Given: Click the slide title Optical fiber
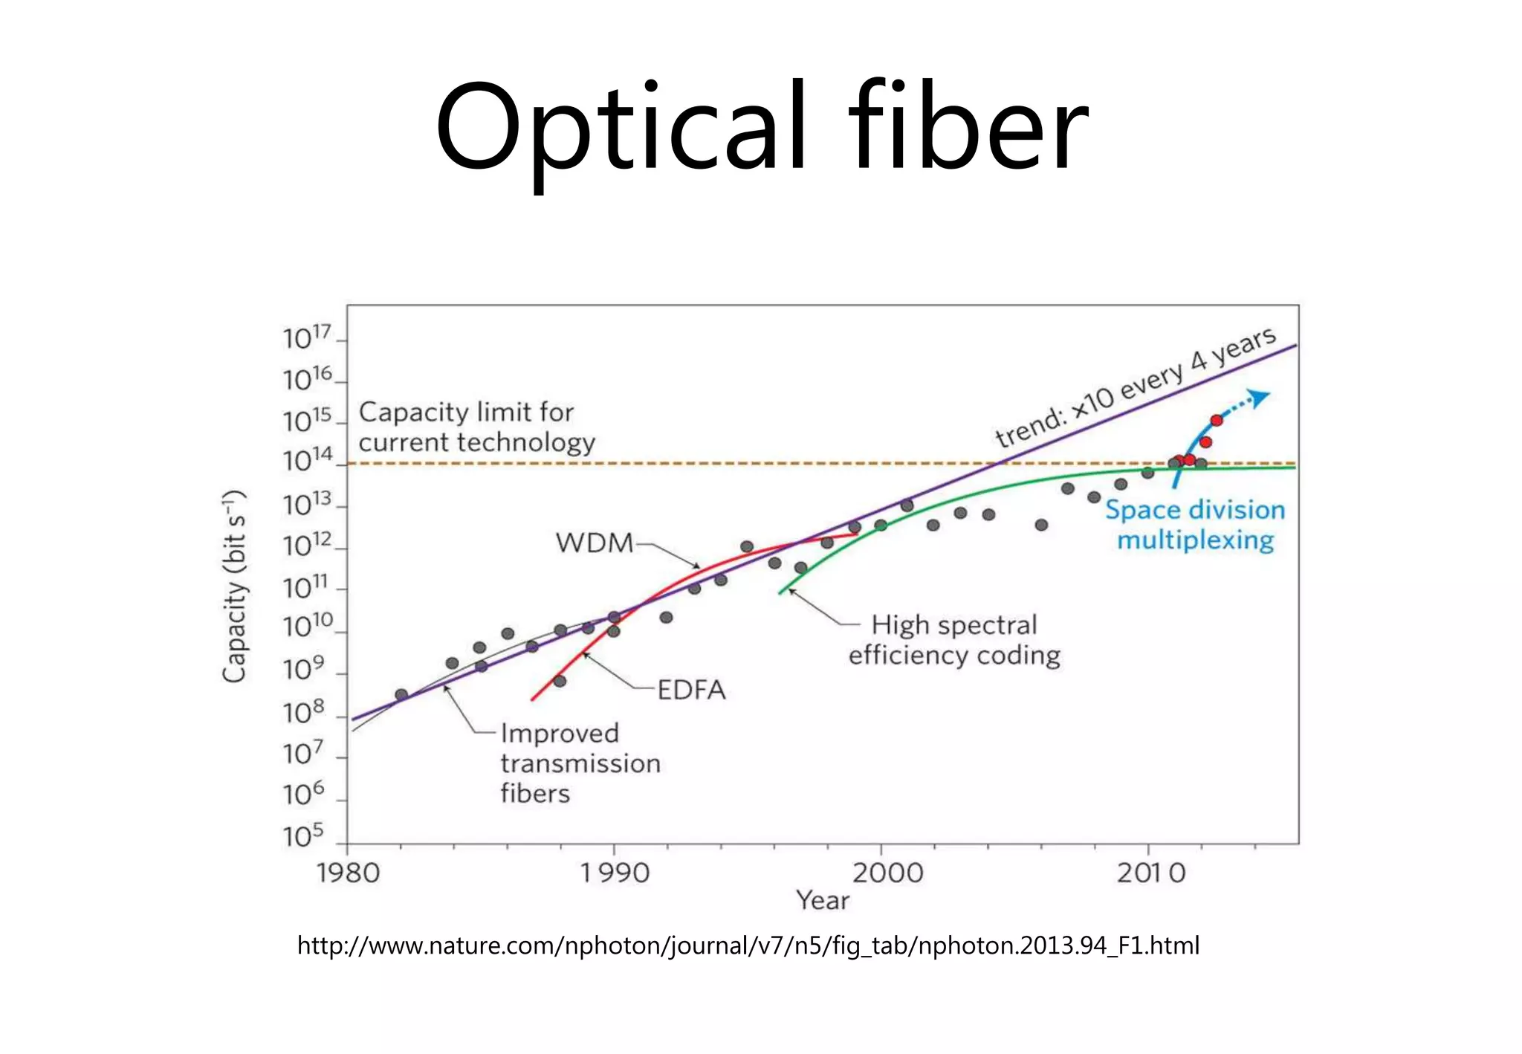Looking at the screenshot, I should (761, 128).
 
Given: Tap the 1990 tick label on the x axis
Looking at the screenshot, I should (614, 873).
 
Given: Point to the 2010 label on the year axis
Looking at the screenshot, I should (1150, 873).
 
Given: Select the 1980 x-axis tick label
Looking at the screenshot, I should (348, 873).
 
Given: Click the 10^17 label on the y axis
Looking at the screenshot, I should (305, 338).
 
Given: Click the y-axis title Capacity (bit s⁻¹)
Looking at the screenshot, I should (235, 586).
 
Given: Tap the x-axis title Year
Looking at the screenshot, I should (823, 900).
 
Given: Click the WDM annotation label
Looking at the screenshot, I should (594, 543).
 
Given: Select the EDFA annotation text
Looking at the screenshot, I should (691, 690).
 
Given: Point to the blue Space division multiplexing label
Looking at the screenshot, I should (1195, 525).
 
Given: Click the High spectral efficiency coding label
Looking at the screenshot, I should (954, 640).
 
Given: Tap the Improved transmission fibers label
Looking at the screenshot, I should (580, 763).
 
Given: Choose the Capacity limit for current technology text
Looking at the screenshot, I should (476, 427).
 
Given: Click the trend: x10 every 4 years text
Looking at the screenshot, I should (1136, 388).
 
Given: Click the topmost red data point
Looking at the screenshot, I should (1217, 421).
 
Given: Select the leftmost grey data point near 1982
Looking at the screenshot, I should (401, 695).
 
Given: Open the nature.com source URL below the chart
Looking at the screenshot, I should (748, 945).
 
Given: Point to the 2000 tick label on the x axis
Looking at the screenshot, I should (887, 873).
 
